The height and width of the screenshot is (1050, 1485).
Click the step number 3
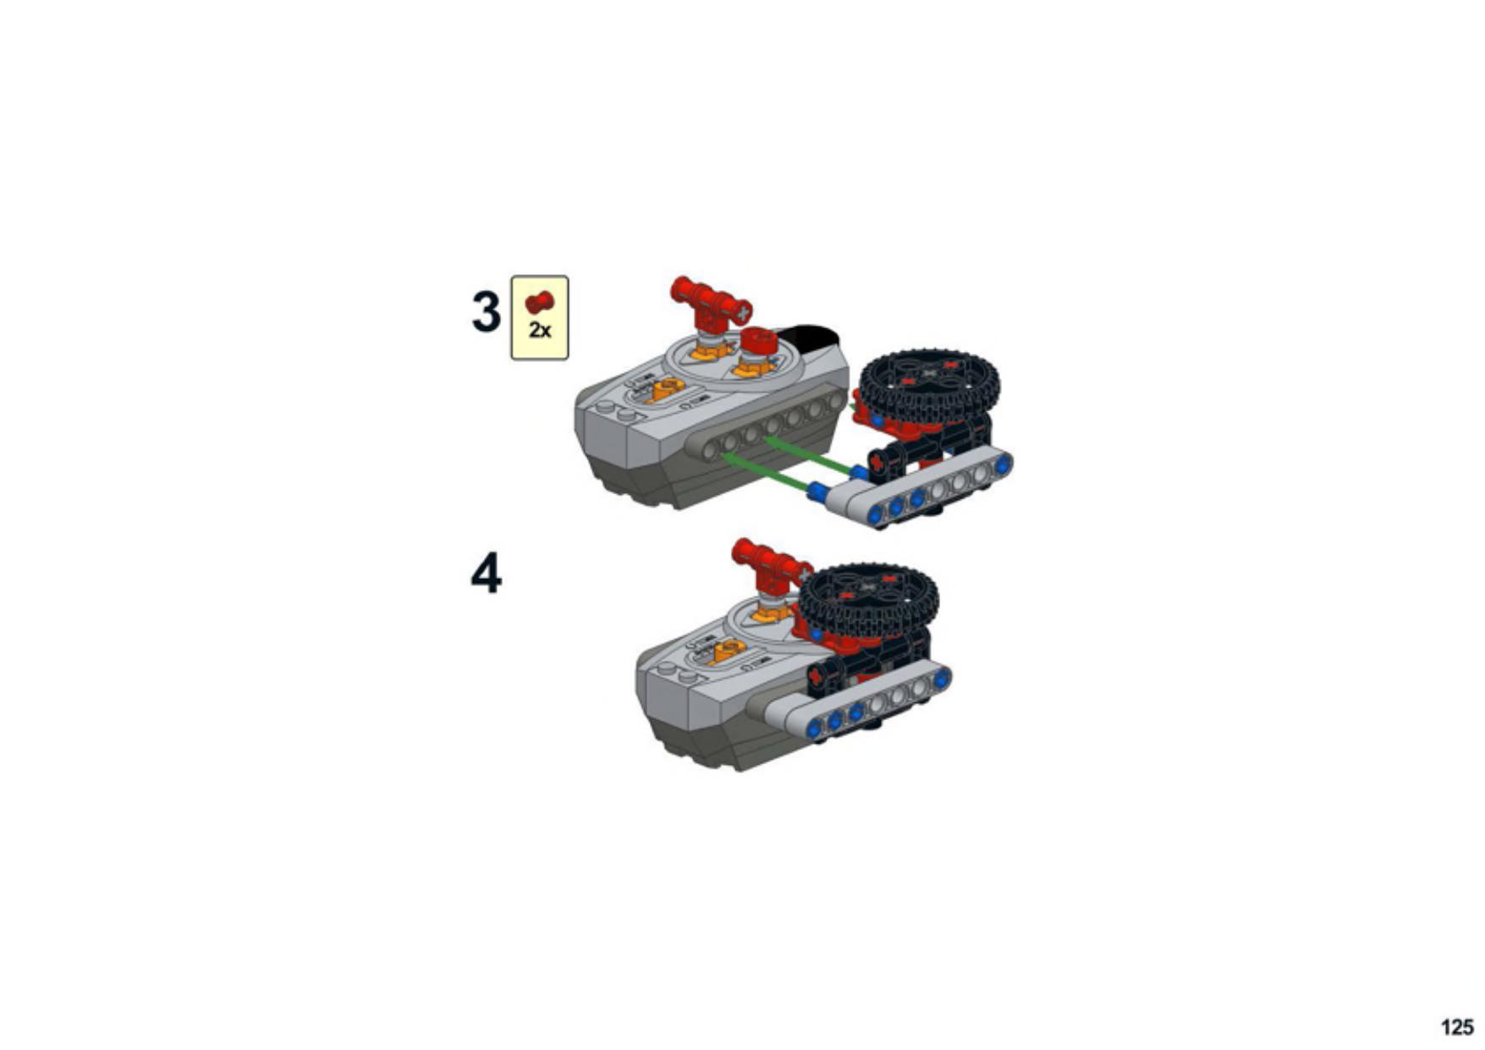tap(486, 312)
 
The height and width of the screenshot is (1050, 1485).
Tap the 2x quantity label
tap(540, 330)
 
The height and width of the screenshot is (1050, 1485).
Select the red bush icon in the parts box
tap(539, 302)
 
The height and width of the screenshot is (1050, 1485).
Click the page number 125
tap(1456, 1026)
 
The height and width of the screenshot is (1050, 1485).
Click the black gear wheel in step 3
tap(928, 386)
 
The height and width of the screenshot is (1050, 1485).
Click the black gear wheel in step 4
tap(868, 601)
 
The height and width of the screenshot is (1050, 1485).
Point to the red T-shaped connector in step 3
tap(709, 305)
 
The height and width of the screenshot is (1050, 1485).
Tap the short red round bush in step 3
tap(758, 342)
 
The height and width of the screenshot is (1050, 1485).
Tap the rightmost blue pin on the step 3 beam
tap(1003, 464)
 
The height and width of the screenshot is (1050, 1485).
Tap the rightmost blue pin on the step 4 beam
tap(942, 678)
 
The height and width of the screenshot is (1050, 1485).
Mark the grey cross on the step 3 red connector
tap(743, 313)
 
